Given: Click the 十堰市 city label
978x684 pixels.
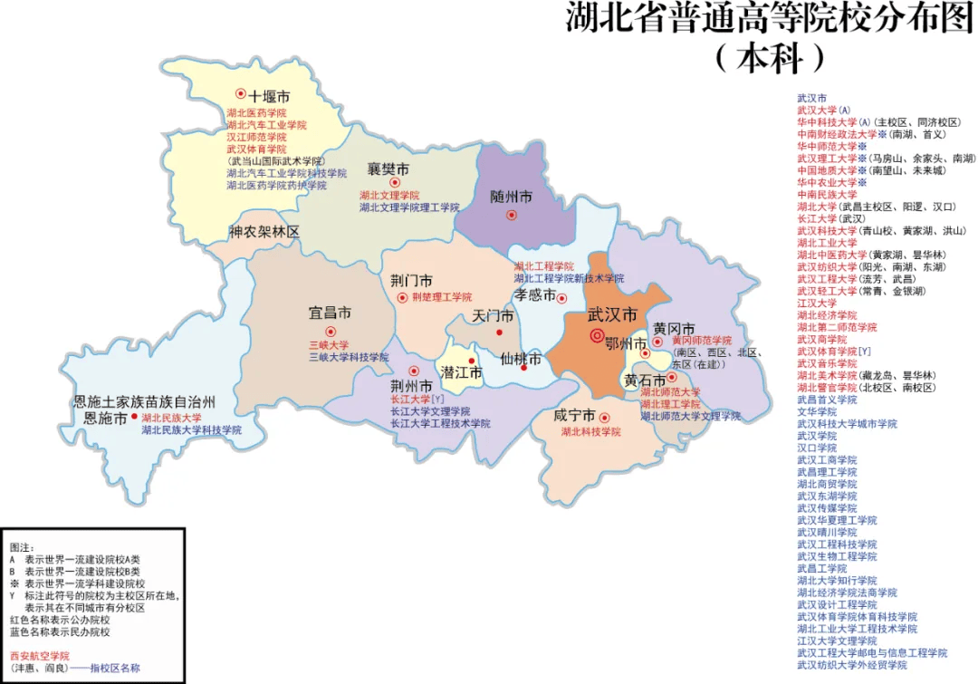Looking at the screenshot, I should (x=270, y=96).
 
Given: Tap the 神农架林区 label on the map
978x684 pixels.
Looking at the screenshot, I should (x=264, y=232).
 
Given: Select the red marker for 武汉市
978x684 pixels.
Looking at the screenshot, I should (x=597, y=335).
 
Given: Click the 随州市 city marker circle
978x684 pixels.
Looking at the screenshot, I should (x=512, y=215).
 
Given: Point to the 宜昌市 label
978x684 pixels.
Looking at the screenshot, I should (x=330, y=313).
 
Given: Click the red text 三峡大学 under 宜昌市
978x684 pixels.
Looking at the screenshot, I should (x=328, y=345).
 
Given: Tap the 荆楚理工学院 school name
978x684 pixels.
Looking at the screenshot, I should (x=442, y=297).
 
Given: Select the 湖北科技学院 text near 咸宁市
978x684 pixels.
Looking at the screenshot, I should (x=590, y=432).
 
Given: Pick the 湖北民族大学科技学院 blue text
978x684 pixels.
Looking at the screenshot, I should (x=191, y=430).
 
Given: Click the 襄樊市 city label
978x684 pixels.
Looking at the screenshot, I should (x=388, y=169).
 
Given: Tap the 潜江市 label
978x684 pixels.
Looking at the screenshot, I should (x=461, y=372).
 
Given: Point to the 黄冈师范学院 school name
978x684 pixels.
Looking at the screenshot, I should (x=701, y=340).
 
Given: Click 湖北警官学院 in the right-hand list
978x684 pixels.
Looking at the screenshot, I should (x=827, y=387).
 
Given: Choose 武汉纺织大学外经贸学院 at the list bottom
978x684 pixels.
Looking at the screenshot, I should (x=852, y=664).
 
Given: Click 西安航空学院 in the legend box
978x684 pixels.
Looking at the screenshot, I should (x=39, y=655).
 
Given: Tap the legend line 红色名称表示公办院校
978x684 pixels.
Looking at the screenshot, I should (x=60, y=620).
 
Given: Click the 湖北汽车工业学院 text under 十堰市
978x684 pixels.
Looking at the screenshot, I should (x=266, y=125).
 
